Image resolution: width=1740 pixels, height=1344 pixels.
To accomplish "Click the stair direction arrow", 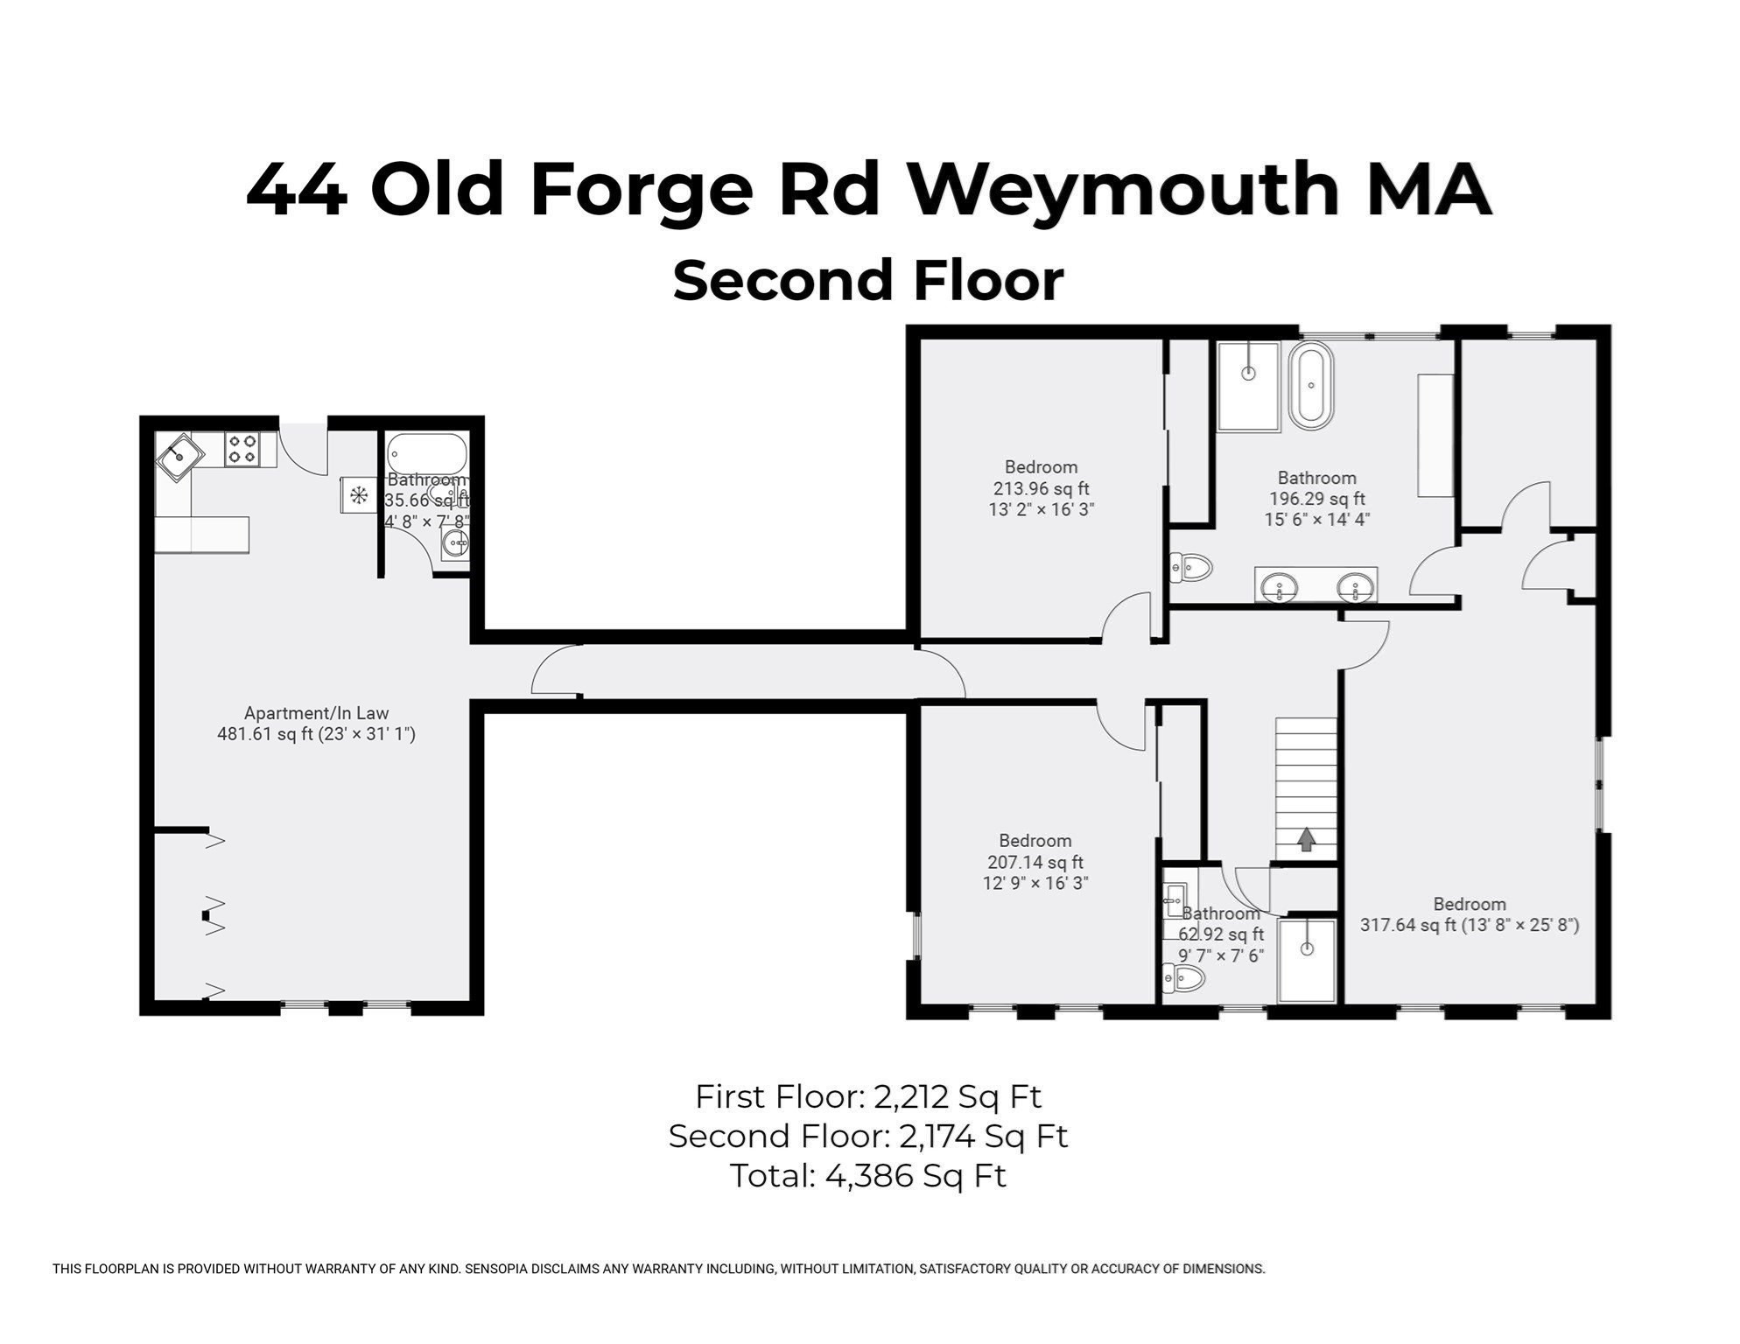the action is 1306,839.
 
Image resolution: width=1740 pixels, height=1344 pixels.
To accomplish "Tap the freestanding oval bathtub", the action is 1311,385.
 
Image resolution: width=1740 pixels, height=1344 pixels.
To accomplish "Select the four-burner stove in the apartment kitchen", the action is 242,449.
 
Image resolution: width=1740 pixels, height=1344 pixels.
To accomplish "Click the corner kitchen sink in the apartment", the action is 180,458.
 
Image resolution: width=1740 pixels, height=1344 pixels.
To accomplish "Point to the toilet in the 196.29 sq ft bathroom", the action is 1191,568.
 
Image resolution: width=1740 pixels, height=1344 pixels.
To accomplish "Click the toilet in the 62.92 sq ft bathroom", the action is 1183,977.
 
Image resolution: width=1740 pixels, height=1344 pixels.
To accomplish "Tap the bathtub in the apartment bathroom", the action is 427,455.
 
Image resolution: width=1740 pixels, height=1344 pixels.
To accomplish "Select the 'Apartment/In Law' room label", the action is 316,713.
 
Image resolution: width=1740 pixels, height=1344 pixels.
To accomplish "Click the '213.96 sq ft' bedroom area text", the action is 1042,488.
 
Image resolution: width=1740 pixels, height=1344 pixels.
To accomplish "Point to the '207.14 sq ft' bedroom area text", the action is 1035,862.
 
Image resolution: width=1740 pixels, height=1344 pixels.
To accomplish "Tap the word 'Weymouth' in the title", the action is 1123,190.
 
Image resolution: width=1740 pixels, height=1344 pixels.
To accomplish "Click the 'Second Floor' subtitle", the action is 868,280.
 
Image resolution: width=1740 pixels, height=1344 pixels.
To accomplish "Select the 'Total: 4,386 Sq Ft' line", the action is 868,1176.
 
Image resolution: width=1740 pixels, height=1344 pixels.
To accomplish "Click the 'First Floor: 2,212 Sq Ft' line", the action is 868,1096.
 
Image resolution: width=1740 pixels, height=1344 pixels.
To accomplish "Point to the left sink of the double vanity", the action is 1281,585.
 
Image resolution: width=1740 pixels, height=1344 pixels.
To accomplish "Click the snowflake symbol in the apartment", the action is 359,496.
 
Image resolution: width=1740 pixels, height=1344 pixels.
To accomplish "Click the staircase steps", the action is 1306,788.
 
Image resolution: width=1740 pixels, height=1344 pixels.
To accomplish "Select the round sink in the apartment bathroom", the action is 455,543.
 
